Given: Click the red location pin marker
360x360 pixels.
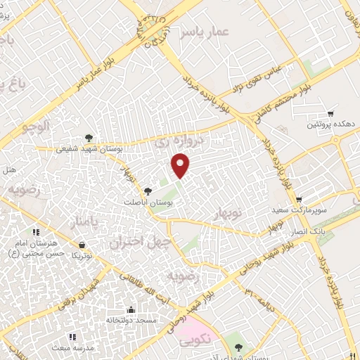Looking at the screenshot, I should (181, 165).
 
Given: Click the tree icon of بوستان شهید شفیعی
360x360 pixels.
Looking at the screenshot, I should (89, 138).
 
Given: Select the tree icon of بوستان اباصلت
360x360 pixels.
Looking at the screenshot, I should (148, 191).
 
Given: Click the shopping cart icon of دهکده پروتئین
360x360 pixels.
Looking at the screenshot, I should (330, 113).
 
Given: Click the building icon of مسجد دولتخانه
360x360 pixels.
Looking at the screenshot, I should (130, 309).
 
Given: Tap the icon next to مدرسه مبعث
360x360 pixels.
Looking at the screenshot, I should (55, 347).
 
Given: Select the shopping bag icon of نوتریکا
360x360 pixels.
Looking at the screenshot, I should (84, 245).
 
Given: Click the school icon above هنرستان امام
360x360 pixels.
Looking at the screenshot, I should (36, 231).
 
